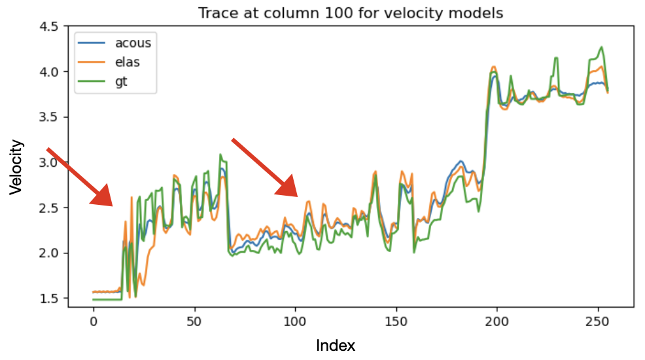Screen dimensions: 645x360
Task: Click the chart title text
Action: (x=351, y=12)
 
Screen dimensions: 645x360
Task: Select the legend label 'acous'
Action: (x=133, y=43)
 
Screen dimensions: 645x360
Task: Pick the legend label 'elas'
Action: (x=127, y=62)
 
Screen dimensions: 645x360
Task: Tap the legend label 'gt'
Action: (x=121, y=81)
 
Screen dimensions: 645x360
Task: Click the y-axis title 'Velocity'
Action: (x=16, y=167)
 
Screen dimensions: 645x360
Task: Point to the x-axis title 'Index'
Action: (x=335, y=346)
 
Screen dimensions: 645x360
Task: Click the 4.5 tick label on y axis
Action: (x=50, y=27)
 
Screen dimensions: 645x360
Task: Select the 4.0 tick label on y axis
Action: (x=50, y=72)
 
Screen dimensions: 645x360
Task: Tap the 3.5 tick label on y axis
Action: (x=50, y=117)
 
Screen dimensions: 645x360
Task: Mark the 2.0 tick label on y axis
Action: (x=50, y=253)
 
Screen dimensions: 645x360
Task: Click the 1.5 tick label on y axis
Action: (x=50, y=298)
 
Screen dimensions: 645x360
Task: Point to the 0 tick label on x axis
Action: (x=94, y=321)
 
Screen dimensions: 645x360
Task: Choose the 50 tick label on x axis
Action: (x=194, y=321)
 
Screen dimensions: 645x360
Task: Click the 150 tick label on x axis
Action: (x=396, y=321)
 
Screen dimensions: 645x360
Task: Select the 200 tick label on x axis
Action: (x=497, y=321)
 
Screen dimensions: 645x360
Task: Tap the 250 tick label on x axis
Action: (x=598, y=321)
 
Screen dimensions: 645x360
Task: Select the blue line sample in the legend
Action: (x=92, y=43)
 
